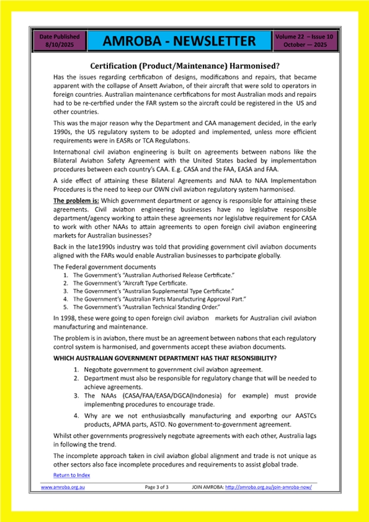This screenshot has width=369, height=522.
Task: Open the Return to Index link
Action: (71, 475)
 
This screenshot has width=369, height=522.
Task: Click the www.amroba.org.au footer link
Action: (63, 487)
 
